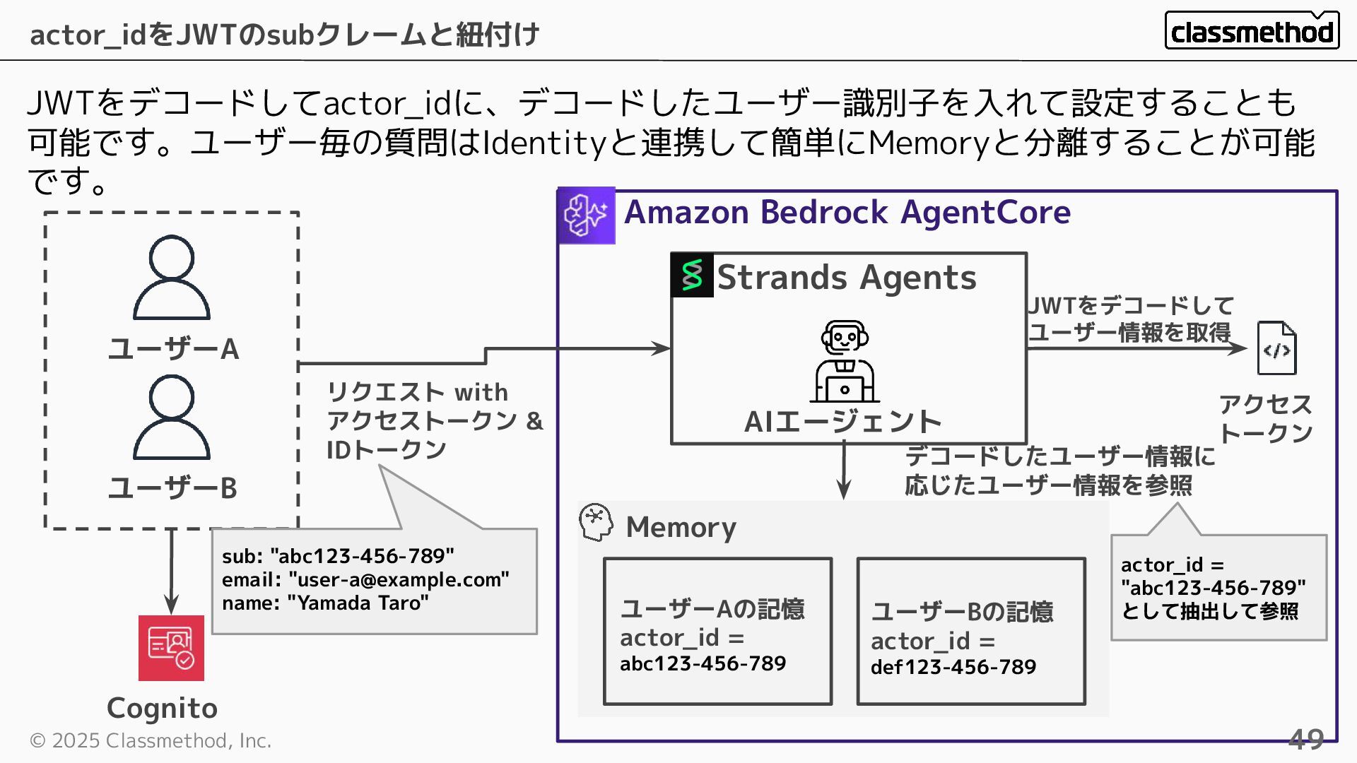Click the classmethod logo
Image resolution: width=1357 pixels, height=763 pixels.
(x=1252, y=31)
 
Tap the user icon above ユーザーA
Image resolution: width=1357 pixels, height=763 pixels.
(x=172, y=277)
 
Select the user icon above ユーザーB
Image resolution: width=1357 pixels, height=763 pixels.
(x=172, y=417)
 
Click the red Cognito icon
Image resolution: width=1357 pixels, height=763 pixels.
(x=171, y=648)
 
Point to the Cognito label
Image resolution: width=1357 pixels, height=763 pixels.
(x=162, y=708)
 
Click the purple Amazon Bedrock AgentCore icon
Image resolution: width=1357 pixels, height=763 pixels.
(x=586, y=215)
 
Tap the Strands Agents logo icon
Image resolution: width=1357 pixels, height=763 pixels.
(x=692, y=275)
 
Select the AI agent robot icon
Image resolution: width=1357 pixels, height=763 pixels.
(x=845, y=361)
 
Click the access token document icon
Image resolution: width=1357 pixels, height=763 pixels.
(x=1276, y=348)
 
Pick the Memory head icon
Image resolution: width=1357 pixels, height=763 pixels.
(x=596, y=523)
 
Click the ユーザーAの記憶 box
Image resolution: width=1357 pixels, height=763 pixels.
(x=717, y=632)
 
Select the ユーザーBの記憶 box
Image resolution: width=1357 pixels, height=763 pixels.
(x=970, y=632)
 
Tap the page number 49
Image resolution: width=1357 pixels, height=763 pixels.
(x=1305, y=739)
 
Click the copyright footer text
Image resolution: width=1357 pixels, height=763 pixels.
(x=151, y=740)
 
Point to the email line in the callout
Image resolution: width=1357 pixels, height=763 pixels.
(x=365, y=580)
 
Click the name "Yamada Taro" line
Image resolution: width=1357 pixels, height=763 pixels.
(x=325, y=603)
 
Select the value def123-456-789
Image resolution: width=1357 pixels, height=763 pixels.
(x=953, y=667)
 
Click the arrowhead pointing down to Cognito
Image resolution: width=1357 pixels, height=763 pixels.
(x=171, y=605)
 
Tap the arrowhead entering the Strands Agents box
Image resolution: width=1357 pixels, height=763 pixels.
(x=662, y=348)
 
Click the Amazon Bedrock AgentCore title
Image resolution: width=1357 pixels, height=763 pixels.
(x=847, y=213)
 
